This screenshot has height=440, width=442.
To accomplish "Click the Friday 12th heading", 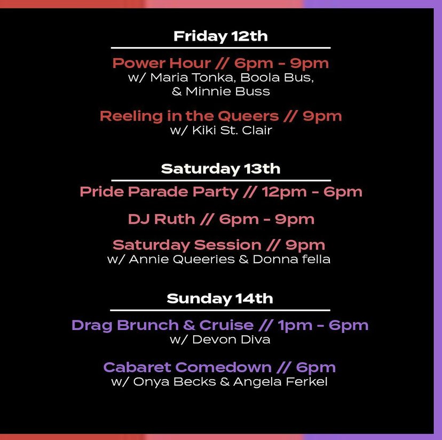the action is coord(220,36).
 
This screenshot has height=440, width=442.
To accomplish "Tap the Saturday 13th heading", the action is coord(220,169).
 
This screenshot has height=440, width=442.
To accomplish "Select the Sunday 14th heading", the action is coord(220,298).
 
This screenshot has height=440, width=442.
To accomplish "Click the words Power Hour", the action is coord(162,63).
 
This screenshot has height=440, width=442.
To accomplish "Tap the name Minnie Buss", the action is coord(228,91).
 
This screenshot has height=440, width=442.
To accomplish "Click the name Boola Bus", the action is coord(277,77).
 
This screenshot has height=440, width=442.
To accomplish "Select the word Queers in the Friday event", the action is coord(248,116).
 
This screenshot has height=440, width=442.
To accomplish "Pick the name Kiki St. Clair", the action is coord(232,130).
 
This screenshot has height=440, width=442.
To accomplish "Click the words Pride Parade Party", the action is coord(159,192).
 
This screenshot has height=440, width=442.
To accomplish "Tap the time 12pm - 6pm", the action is coord(312,192).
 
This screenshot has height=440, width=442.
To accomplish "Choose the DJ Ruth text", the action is coord(162,219).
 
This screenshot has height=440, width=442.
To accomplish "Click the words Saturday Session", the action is coord(187,245).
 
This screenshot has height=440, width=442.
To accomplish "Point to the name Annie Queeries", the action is coord(182,260).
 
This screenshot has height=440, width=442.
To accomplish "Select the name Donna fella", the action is coord(291,260).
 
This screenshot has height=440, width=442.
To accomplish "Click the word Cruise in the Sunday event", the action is coord(226,325).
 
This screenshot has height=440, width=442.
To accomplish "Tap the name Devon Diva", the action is coord(231,340).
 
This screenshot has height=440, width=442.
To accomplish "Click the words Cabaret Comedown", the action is coord(187,367).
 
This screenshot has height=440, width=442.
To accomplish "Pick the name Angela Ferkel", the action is coord(280,382).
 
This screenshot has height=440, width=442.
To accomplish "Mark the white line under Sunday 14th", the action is coord(220,310).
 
